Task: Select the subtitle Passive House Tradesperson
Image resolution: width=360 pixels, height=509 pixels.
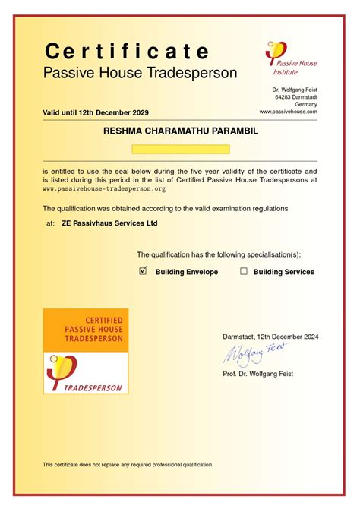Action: pos(140,74)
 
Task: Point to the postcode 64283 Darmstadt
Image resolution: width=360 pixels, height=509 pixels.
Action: pos(296,97)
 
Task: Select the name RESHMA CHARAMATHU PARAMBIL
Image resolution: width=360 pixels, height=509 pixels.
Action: pos(180,131)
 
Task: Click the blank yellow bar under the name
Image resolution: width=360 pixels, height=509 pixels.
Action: pos(180,150)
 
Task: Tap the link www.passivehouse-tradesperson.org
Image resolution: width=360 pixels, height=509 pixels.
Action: pos(104,188)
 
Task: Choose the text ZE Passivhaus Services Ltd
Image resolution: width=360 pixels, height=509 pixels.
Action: pos(109,224)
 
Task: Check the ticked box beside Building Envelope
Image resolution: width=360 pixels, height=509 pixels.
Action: pos(143,270)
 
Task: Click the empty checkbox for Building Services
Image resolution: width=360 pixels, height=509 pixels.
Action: pos(244,270)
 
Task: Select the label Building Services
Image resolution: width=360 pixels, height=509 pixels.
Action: pos(283,271)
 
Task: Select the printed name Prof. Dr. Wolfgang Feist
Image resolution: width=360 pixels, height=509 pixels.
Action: pos(257,374)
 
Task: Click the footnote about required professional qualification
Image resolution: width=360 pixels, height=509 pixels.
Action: pos(128,464)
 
